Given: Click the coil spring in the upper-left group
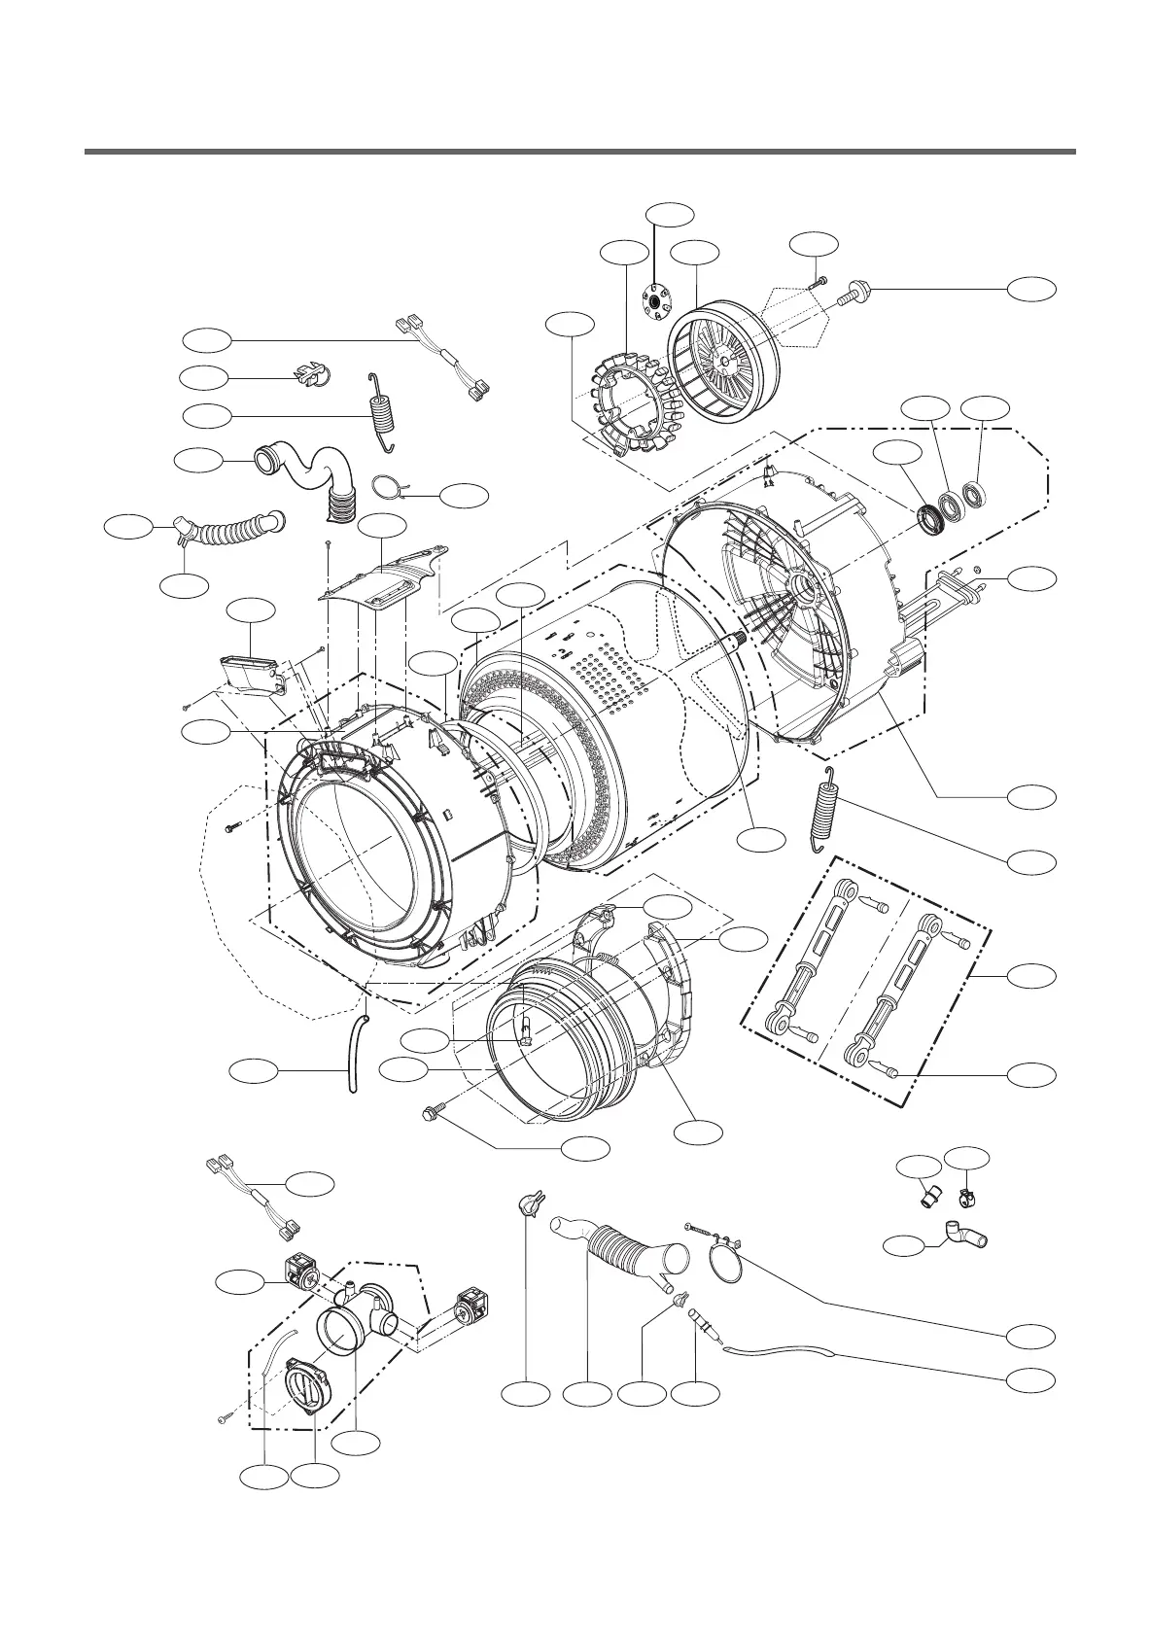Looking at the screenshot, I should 381,413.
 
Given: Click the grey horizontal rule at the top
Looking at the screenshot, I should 579,152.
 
